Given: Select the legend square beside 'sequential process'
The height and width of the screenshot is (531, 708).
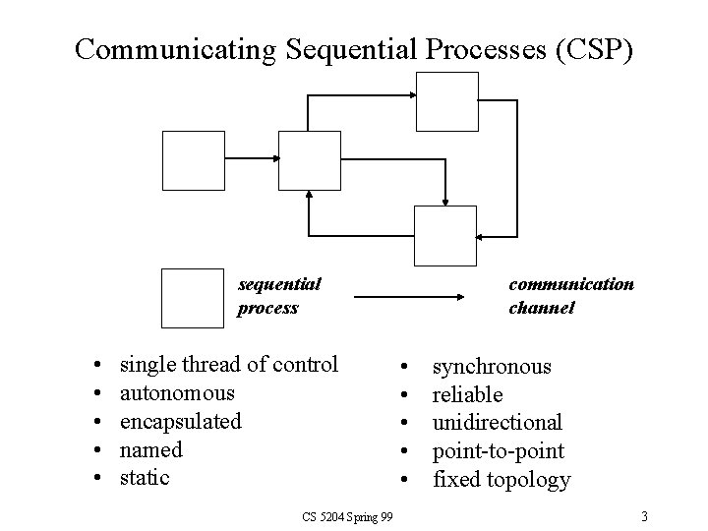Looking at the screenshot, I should (x=193, y=296).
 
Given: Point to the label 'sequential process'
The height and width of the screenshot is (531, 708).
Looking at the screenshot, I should (x=279, y=296).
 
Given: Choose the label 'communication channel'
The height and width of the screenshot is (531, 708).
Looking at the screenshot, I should (x=570, y=296).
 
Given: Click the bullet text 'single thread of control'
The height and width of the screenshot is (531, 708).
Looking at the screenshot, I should (x=228, y=365).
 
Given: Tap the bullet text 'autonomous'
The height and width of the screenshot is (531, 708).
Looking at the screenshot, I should (x=177, y=393).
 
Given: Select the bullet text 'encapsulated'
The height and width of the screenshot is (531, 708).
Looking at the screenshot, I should (x=180, y=421).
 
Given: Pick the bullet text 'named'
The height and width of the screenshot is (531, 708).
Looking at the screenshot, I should (x=150, y=449).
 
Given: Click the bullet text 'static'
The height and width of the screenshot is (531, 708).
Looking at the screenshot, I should (x=145, y=478).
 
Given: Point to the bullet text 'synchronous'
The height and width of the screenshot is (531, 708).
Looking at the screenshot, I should (x=492, y=367).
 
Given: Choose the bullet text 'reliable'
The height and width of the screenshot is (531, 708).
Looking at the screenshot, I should (x=468, y=394).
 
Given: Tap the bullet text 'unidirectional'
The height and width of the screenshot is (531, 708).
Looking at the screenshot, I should (x=498, y=423).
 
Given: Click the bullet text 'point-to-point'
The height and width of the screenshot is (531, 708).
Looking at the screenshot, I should (x=499, y=450).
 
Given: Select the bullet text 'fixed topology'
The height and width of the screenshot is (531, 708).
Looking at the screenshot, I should (x=501, y=480).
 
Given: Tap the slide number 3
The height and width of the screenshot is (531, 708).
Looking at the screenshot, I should (x=643, y=515).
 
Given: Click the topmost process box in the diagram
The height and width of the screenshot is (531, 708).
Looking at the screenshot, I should (x=446, y=101).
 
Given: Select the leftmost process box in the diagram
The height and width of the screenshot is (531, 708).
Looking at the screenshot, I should (x=194, y=160).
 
